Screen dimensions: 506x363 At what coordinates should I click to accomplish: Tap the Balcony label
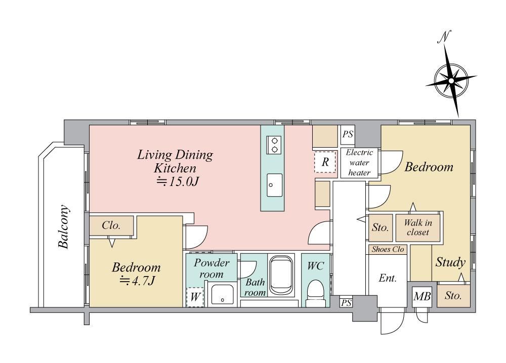tap(64, 226)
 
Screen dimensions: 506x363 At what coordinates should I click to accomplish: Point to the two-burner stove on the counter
tap(274, 145)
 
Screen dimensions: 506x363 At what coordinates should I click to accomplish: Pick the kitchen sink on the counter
tap(274, 185)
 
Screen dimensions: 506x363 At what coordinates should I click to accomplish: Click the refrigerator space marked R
tap(325, 162)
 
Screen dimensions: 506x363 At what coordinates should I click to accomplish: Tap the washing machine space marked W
tap(195, 297)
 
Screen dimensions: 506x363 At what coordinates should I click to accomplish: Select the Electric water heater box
tap(359, 163)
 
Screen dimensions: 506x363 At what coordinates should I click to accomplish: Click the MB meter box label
tap(422, 296)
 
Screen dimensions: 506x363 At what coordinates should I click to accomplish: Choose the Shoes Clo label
tap(388, 249)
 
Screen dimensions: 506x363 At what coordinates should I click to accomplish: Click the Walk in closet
tap(418, 228)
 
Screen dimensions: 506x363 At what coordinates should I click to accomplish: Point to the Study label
tap(450, 262)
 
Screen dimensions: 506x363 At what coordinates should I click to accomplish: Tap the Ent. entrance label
tap(388, 278)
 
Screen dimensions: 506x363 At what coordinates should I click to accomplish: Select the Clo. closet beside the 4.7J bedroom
tap(111, 225)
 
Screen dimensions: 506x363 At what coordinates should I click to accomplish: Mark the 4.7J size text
tap(138, 281)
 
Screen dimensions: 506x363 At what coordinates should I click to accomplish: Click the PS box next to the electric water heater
tap(348, 134)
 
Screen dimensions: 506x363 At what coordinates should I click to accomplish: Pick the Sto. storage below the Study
tap(453, 296)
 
